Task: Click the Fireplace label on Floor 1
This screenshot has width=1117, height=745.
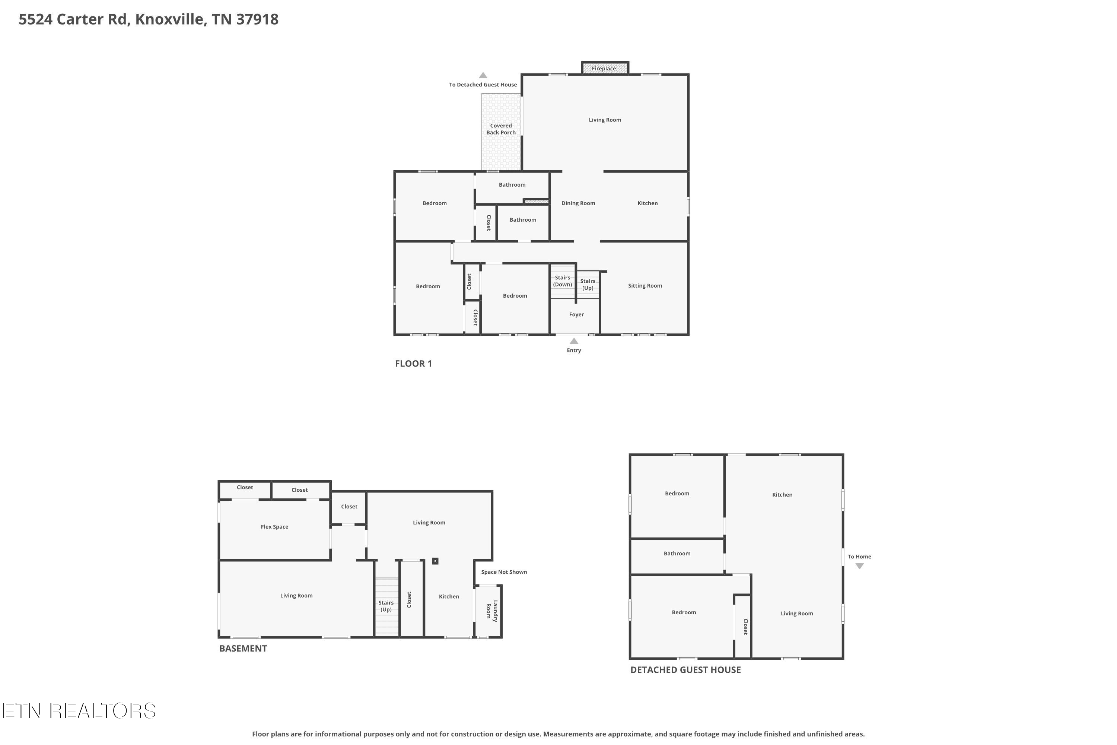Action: click(x=604, y=69)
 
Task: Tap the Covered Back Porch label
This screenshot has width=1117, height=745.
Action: click(x=501, y=129)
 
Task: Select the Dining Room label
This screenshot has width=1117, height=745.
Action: click(x=578, y=203)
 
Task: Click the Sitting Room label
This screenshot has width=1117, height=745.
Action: click(x=645, y=286)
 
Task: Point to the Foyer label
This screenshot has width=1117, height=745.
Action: click(x=576, y=314)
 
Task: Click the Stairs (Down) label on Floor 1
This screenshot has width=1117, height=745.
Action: click(x=563, y=281)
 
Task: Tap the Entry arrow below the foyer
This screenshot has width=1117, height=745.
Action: click(x=574, y=341)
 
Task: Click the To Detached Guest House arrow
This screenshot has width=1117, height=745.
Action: click(x=483, y=75)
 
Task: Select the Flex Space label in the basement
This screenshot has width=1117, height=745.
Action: click(x=274, y=526)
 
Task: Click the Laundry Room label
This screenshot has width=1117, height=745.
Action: click(x=491, y=611)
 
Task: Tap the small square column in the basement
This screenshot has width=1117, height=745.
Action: click(x=435, y=561)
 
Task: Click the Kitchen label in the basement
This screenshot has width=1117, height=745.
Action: click(x=449, y=596)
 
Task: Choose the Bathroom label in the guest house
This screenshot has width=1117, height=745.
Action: click(x=677, y=554)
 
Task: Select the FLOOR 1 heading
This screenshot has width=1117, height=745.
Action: click(x=414, y=364)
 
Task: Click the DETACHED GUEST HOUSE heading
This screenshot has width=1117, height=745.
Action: click(x=686, y=670)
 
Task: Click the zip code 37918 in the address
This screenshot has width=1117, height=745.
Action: click(x=257, y=19)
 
